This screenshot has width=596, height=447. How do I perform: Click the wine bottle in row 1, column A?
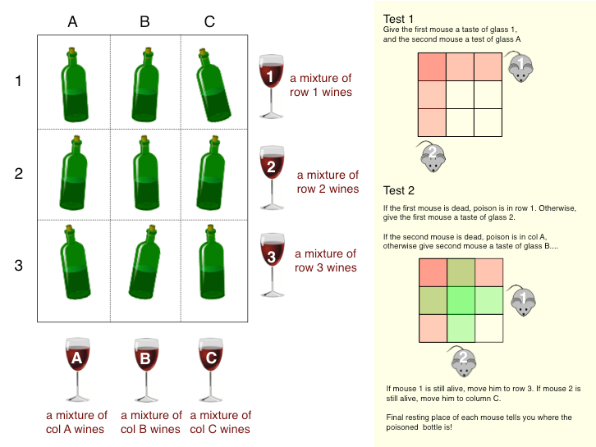75,84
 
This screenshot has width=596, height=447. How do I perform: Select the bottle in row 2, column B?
146,174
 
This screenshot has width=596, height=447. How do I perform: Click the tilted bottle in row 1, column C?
211,84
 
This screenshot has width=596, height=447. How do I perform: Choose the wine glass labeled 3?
270,263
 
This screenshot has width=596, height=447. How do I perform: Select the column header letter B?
144,22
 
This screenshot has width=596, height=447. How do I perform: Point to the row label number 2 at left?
19,173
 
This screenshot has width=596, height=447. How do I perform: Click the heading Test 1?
400,19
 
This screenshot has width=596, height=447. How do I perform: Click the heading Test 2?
400,193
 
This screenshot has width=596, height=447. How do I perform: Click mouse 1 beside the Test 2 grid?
519,299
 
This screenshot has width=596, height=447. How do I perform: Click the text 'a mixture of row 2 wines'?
328,181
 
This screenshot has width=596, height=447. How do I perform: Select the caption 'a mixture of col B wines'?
151,422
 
